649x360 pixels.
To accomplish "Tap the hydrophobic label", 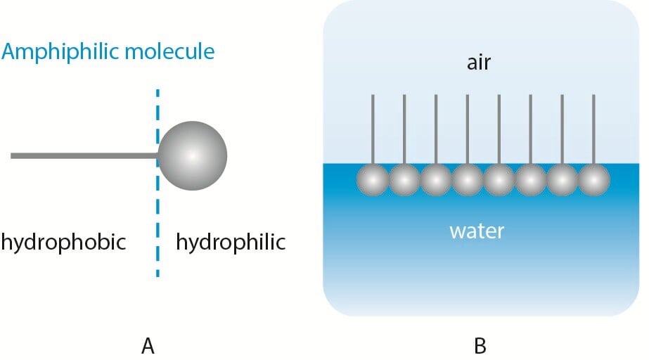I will [63, 243].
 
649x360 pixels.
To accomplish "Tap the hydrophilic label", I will [231, 243].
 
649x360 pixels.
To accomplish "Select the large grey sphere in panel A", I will [193, 155].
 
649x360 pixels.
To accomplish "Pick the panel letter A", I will [148, 346].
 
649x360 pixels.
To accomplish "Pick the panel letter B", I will [480, 346].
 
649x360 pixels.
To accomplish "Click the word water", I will [477, 231].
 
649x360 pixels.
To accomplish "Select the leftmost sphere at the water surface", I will [373, 181].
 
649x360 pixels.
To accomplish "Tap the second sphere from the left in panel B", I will [404, 181].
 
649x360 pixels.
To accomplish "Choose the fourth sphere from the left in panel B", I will [468, 181].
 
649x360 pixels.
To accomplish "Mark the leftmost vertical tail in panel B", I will [373, 127].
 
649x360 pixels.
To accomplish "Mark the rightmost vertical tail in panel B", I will [594, 127].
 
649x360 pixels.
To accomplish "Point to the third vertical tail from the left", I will [436, 127].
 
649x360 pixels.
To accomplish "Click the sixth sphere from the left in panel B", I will [531, 181].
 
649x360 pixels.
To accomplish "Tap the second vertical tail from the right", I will [563, 127].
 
